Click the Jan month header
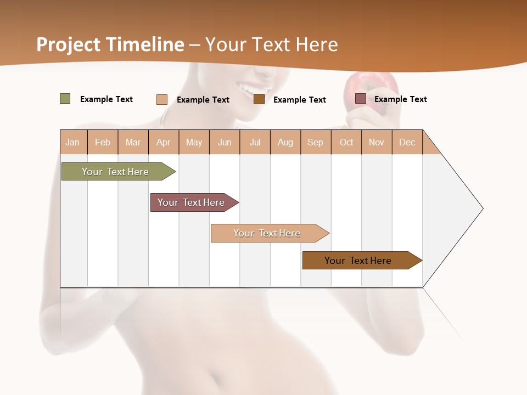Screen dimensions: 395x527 tap(72, 142)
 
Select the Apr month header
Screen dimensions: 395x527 tap(163, 142)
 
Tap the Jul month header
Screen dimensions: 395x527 tap(255, 142)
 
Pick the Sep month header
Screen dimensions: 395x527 tap(315, 142)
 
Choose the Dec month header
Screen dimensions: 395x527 tap(407, 142)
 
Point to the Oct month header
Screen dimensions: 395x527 tap(346, 142)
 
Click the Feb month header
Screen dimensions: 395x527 tap(103, 142)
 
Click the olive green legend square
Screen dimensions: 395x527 tap(65, 99)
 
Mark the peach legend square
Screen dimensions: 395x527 tap(162, 99)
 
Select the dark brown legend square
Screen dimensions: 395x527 tap(259, 99)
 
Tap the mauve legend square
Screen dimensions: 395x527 tap(361, 99)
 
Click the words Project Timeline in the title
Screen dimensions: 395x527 tap(110, 44)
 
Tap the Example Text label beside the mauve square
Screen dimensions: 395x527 tap(400, 99)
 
